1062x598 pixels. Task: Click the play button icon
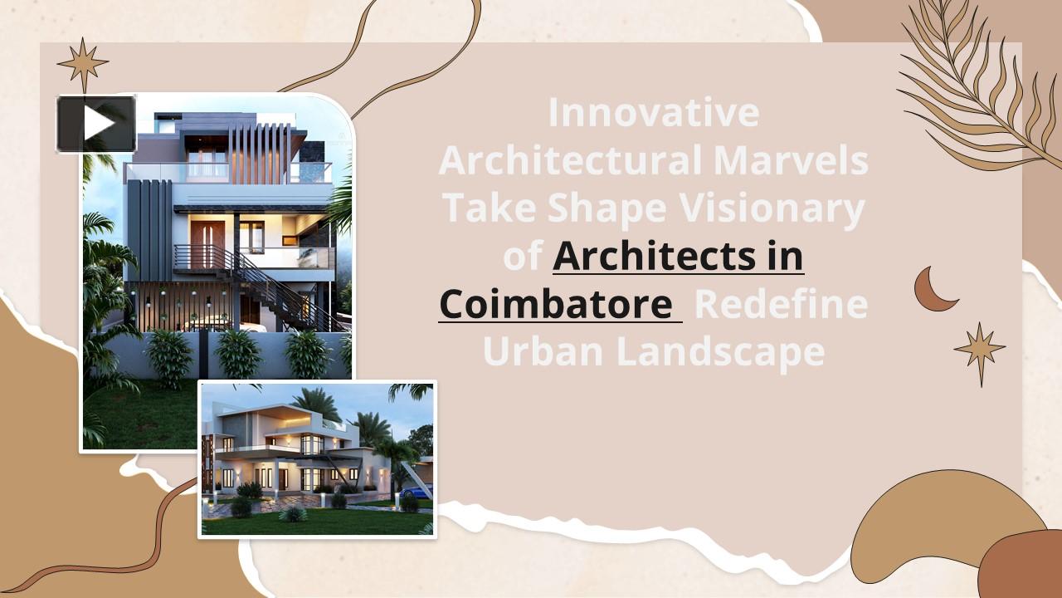[96, 124]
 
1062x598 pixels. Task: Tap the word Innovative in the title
[653, 113]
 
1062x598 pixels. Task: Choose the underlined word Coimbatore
[555, 305]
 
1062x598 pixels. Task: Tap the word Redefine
[781, 305]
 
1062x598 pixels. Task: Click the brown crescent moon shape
[934, 289]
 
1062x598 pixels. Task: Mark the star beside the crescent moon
[980, 353]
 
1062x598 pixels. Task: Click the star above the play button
[83, 64]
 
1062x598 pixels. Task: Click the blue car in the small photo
[416, 492]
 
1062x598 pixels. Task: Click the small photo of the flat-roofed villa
[317, 459]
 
